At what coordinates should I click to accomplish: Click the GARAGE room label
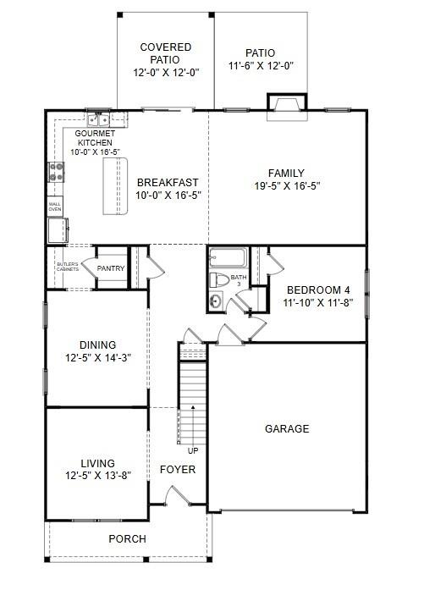point(287,429)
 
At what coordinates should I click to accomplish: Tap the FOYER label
point(178,469)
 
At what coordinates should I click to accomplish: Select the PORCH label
point(127,539)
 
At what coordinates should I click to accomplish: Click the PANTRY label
point(111,269)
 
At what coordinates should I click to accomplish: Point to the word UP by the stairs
point(193,450)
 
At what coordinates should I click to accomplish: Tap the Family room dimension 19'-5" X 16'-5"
point(287,186)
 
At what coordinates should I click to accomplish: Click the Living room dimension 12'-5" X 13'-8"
point(98,475)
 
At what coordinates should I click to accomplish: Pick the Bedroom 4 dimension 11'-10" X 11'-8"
point(317,301)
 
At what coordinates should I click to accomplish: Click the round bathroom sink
point(216,301)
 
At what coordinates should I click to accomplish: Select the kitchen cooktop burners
point(58,173)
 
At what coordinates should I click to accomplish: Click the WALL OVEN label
point(55,206)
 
